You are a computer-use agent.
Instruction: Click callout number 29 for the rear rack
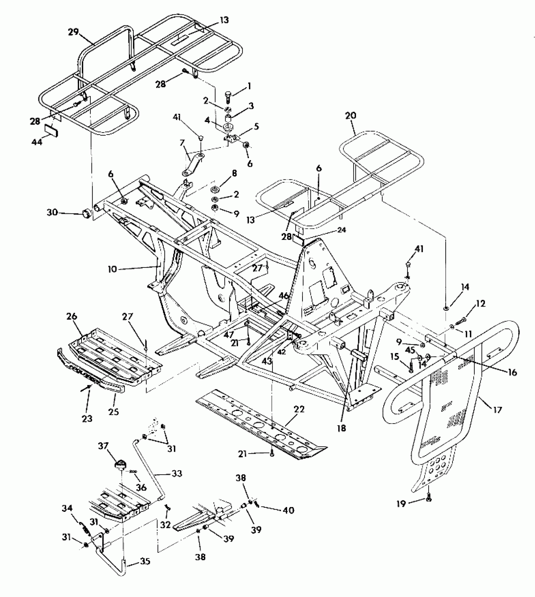(x=73, y=32)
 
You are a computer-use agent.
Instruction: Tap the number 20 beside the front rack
(x=350, y=116)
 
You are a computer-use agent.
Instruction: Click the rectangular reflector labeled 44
(x=51, y=130)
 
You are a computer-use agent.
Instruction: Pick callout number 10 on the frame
(x=112, y=269)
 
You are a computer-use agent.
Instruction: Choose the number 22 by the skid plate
(x=299, y=410)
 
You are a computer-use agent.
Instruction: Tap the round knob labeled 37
(x=121, y=464)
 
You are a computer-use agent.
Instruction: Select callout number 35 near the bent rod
(x=145, y=561)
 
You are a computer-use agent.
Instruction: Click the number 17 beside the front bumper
(x=497, y=410)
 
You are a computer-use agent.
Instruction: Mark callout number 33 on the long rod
(x=177, y=473)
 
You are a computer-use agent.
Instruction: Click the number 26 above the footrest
(x=72, y=316)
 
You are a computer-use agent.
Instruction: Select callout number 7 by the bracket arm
(x=182, y=143)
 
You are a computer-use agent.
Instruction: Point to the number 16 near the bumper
(x=512, y=373)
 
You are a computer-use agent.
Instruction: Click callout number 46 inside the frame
(x=284, y=296)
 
